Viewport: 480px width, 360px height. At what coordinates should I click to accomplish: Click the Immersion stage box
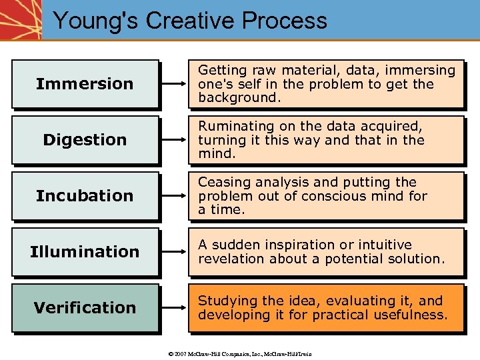click(x=85, y=84)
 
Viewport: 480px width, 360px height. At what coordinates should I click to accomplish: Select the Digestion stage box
click(x=85, y=140)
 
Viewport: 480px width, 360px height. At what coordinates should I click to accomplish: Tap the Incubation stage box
click(x=85, y=196)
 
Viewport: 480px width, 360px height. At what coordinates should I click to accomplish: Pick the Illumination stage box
click(x=85, y=252)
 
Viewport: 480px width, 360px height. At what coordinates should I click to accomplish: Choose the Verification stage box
click(x=85, y=308)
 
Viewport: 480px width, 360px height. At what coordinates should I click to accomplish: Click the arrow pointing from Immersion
click(x=175, y=84)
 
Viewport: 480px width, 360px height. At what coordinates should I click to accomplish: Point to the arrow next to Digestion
click(x=175, y=140)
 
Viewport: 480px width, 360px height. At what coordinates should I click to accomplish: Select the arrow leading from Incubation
click(x=175, y=196)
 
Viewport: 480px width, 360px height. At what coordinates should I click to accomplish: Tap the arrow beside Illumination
click(x=175, y=252)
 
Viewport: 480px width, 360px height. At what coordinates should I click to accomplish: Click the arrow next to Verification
click(x=175, y=308)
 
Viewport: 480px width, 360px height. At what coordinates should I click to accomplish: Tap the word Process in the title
click(x=285, y=21)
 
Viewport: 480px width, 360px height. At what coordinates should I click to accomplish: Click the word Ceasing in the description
click(x=221, y=182)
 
